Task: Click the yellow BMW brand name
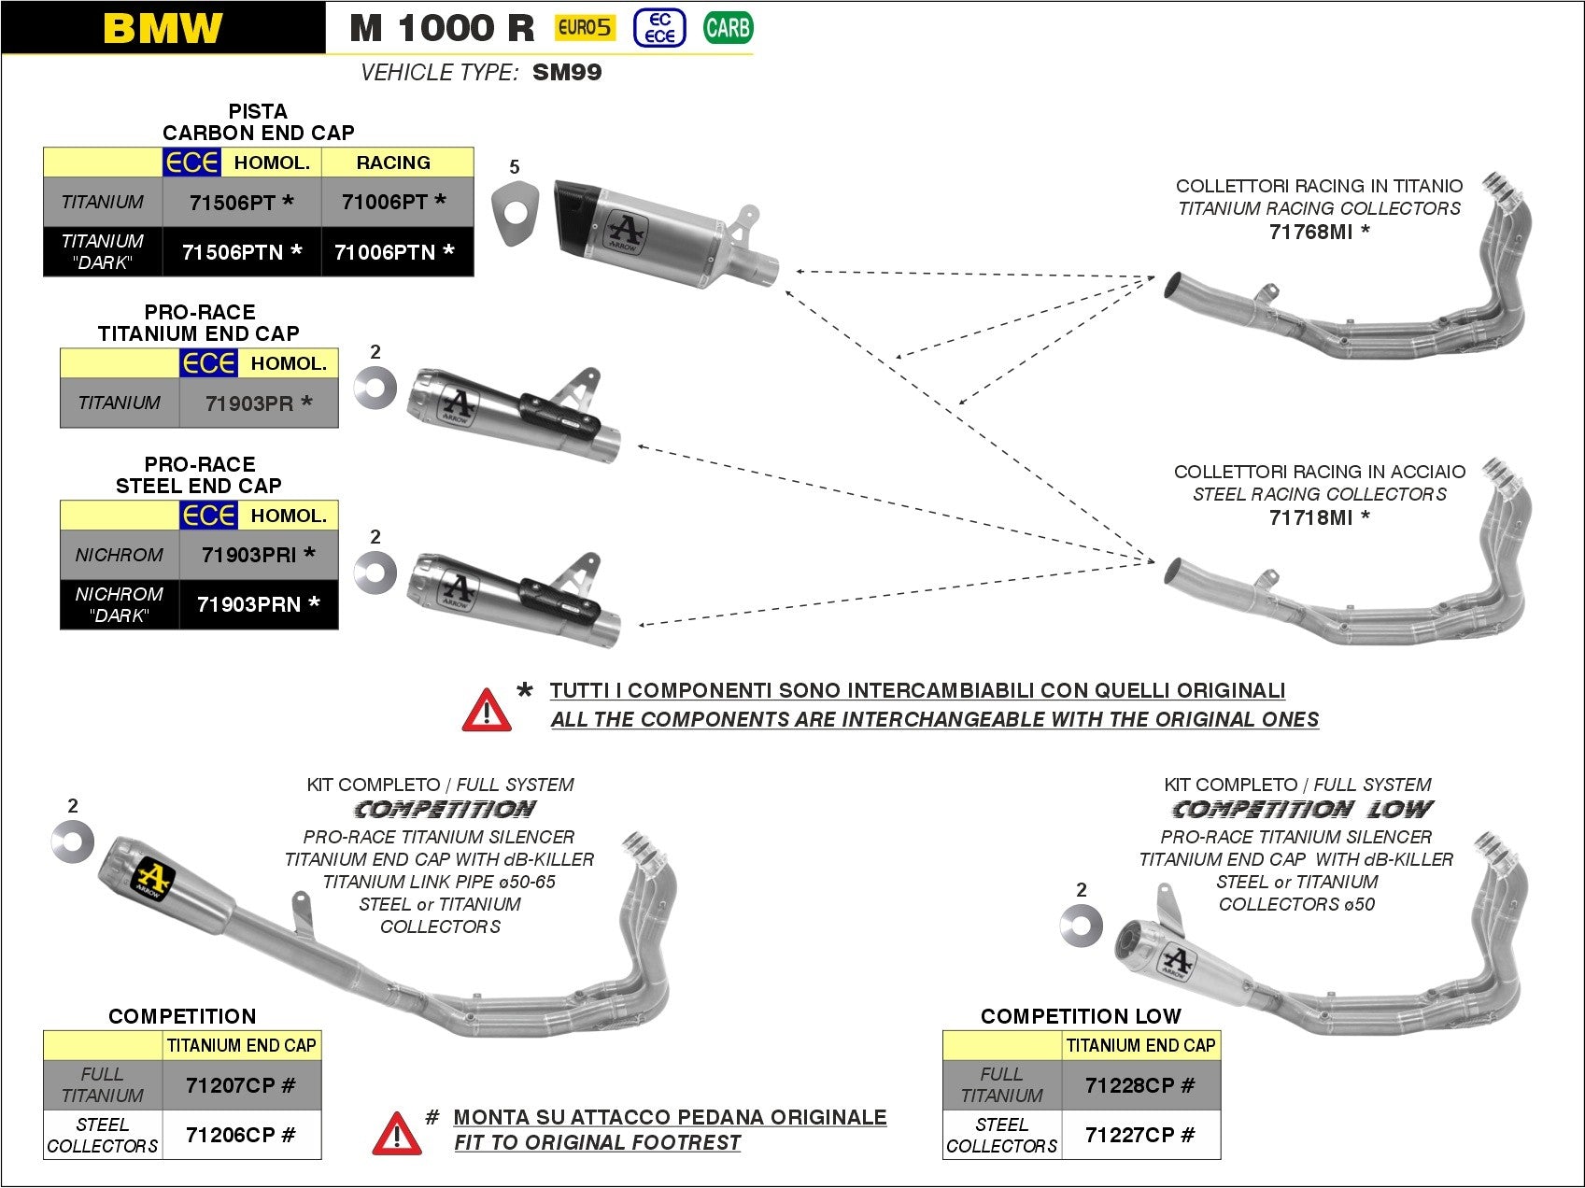tap(163, 28)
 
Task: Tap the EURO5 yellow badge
tap(584, 28)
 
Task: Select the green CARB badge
tap(728, 28)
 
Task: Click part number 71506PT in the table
tap(241, 203)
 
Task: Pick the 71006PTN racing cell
tap(394, 252)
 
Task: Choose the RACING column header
tap(393, 163)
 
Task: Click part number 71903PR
tap(258, 403)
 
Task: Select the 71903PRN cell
tap(258, 604)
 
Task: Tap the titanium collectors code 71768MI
tap(1318, 232)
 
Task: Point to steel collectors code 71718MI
tap(1318, 517)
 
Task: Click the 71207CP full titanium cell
tap(240, 1085)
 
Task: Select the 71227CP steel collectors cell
tap(1139, 1136)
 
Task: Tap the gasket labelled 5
tap(515, 216)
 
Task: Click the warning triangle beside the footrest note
tap(396, 1134)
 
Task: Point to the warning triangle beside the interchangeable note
tap(487, 711)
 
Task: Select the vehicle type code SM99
tap(567, 73)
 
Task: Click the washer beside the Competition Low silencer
tap(1082, 926)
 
